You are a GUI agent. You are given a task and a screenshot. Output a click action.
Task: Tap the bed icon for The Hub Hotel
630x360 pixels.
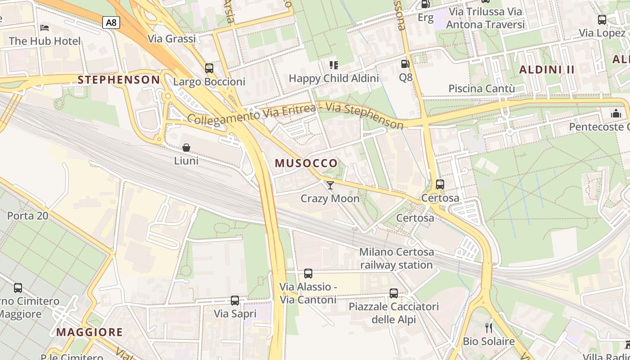tap(45, 28)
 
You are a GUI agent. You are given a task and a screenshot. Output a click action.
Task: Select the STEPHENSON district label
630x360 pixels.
tap(119, 80)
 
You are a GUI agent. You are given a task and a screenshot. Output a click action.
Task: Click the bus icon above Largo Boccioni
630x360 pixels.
tap(209, 68)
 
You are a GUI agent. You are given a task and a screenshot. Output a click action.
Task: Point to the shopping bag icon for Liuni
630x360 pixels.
tap(186, 148)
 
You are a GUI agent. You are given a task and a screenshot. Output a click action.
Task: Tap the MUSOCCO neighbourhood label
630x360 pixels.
tap(306, 163)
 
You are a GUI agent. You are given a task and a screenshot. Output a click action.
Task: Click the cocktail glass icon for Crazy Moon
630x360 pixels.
tap(330, 185)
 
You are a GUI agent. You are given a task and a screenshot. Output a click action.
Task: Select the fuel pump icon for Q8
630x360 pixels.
tap(405, 64)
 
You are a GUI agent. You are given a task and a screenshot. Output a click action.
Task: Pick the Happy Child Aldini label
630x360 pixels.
tap(333, 78)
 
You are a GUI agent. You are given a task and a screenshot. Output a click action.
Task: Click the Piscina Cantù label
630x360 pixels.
tap(481, 89)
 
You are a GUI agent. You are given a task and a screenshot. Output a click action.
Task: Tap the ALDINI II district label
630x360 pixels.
tap(547, 70)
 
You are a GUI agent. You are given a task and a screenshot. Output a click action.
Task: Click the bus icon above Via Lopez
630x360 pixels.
tap(602, 20)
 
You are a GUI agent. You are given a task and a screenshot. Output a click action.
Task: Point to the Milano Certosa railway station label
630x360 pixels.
tap(396, 258)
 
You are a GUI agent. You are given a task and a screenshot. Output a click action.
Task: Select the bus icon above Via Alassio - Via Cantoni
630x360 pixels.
tap(308, 274)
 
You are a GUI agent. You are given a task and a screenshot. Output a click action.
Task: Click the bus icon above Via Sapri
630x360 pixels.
tap(235, 301)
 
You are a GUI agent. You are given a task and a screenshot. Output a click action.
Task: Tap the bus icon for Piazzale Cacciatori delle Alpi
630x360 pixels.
tap(394, 293)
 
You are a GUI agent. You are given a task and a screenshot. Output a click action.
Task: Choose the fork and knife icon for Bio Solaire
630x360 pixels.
tap(489, 328)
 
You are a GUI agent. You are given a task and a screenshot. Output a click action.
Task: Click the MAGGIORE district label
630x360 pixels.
tap(90, 333)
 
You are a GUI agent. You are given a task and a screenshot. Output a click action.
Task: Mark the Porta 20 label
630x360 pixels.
tap(27, 216)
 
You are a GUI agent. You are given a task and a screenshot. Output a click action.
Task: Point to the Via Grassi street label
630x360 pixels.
tap(172, 39)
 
